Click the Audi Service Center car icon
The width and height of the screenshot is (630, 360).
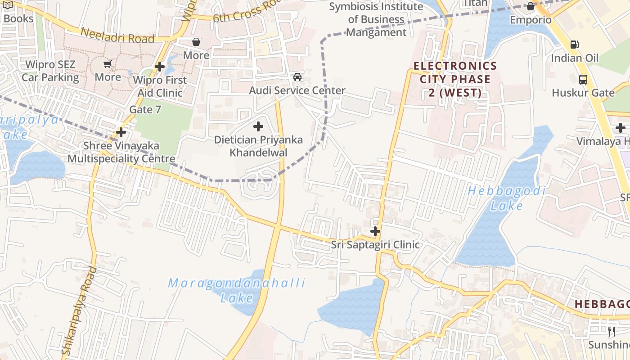click(297, 77)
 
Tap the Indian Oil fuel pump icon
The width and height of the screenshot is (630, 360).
click(574, 44)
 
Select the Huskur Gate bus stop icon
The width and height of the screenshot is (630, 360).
click(583, 80)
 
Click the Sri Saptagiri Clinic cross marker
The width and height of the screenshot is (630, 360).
click(375, 231)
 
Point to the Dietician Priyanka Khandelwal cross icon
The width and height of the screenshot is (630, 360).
click(258, 126)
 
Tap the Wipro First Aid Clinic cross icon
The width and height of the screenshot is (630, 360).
click(159, 67)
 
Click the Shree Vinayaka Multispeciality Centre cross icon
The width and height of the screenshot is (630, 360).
click(121, 132)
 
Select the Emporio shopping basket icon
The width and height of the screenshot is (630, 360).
click(531, 6)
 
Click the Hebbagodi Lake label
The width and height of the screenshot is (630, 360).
click(507, 198)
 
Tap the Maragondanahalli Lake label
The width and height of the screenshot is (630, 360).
click(237, 290)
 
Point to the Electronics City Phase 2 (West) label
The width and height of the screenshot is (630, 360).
click(455, 80)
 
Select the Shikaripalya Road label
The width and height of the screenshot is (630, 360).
click(79, 310)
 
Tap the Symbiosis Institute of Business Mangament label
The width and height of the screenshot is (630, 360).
click(376, 19)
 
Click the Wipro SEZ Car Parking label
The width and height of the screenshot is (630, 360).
click(50, 71)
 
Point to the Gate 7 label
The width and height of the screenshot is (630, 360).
click(145, 109)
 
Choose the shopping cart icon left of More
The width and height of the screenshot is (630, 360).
click(107, 64)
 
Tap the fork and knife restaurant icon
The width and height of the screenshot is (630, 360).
click(612, 332)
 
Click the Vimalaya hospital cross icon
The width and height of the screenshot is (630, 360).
click(621, 128)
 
